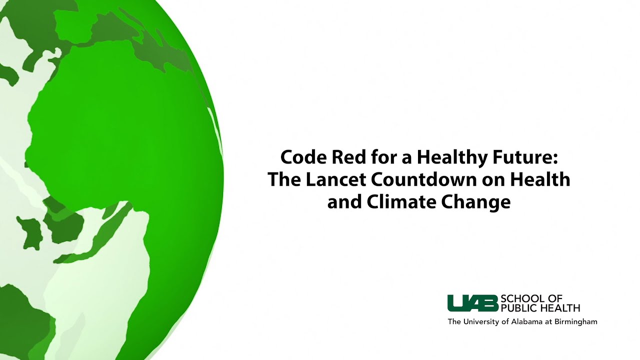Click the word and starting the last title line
(x=344, y=201)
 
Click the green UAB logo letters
(x=472, y=303)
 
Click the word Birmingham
(x=576, y=322)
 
